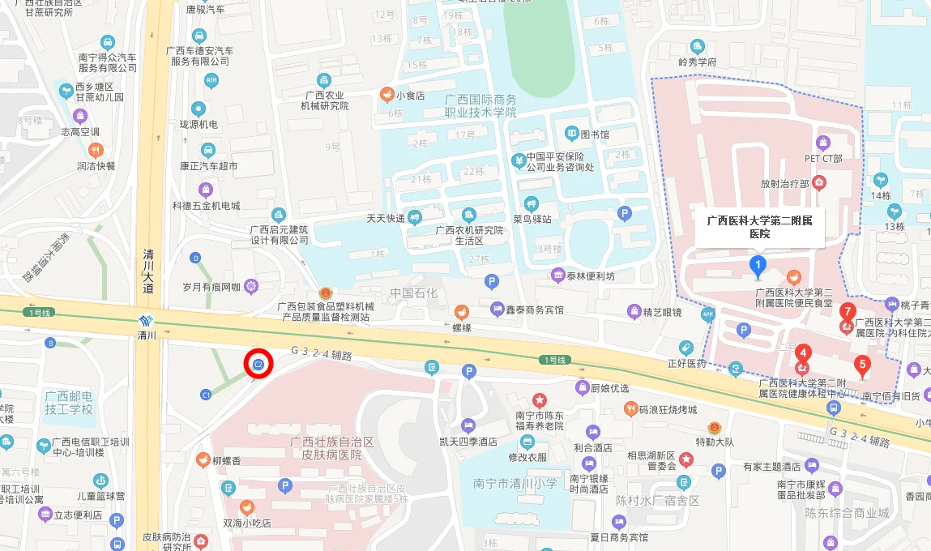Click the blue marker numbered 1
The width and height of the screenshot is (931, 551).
point(758,264)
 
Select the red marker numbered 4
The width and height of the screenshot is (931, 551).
point(802,353)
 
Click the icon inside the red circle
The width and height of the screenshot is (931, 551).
point(258,365)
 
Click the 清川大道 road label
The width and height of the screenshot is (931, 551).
point(147,271)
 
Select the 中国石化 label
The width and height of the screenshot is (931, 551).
point(413,293)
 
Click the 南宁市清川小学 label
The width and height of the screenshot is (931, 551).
point(515,483)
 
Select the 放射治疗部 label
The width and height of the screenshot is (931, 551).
point(785,184)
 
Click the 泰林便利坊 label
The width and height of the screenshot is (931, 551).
point(590,275)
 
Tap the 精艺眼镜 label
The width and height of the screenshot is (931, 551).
point(662,312)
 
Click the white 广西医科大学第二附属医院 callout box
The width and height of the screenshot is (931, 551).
point(759,226)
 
